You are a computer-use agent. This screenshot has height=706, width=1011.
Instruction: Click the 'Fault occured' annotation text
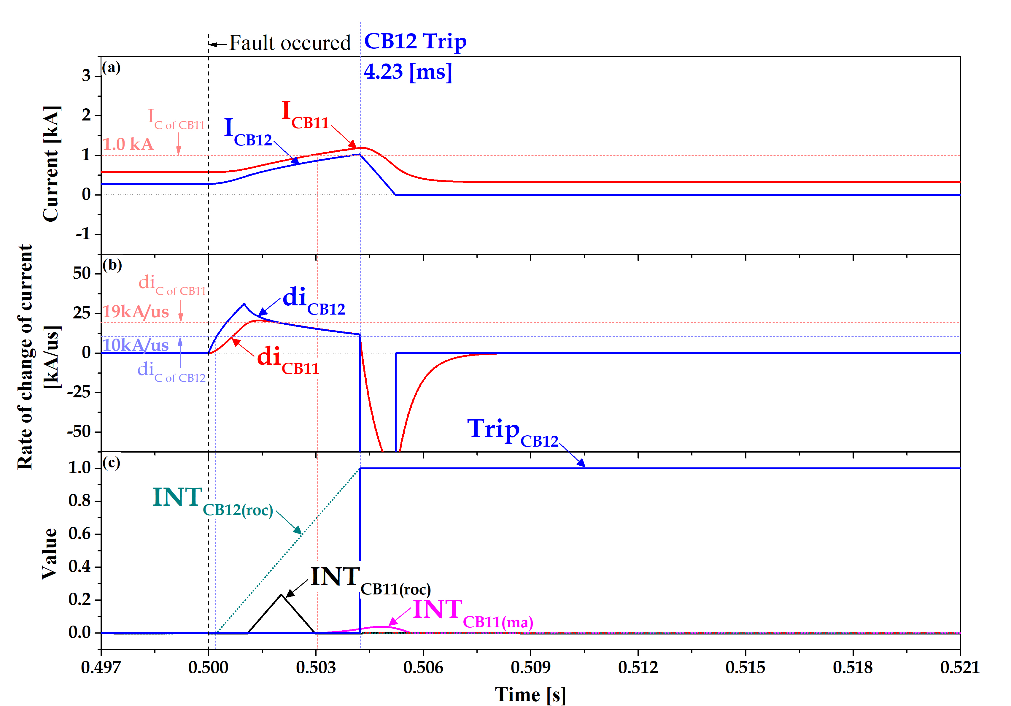pos(290,43)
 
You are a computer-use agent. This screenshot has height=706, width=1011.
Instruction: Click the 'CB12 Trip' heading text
pos(415,42)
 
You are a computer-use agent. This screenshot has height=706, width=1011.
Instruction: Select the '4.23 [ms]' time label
pos(408,71)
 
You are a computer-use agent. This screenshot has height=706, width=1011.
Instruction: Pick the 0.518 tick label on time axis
pos(853,668)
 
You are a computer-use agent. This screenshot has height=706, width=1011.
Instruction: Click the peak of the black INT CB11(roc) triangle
pos(281,595)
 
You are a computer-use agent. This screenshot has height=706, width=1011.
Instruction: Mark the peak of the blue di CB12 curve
pos(244,304)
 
